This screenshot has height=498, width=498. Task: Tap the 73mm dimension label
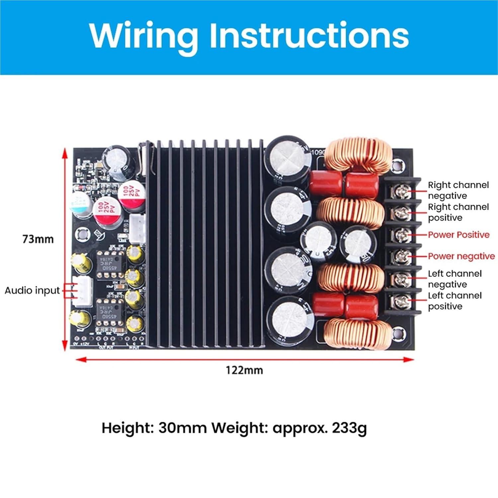point(38,239)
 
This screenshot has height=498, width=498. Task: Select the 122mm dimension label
point(244,370)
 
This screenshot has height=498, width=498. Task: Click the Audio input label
point(32,290)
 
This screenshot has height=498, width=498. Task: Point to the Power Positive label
point(458,235)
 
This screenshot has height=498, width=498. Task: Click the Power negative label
point(461,256)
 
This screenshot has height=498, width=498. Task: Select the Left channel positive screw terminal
point(401,301)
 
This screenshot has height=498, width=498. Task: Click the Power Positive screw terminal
point(401,235)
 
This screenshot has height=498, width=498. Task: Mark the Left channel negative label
point(454,279)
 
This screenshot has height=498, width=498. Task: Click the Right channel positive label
point(458,212)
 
